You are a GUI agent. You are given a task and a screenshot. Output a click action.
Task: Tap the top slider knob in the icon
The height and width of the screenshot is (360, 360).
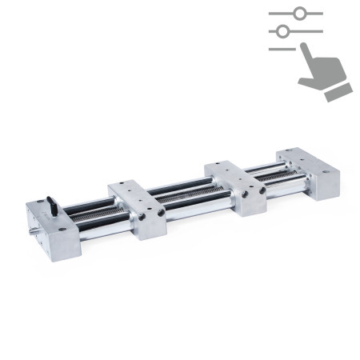300,14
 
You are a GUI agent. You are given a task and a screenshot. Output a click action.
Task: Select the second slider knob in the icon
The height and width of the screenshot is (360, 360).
282,31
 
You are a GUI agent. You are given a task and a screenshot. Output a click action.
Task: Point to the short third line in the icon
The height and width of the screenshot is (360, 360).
282,48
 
